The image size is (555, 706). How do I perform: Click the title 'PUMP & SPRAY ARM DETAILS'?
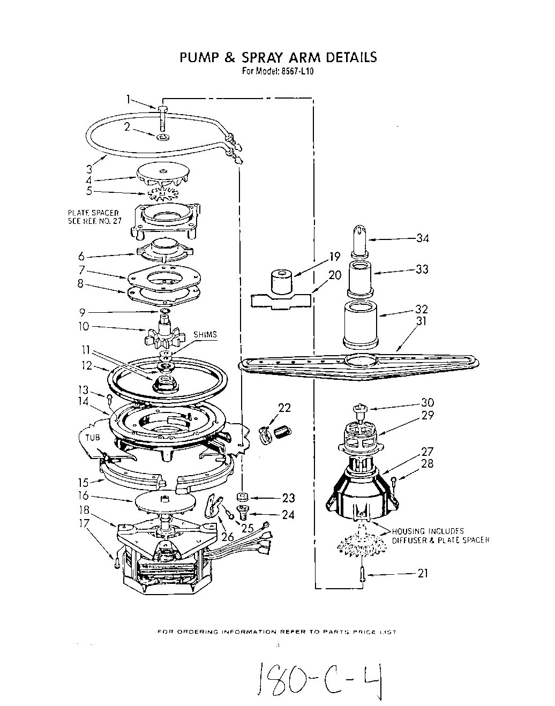coord(277,57)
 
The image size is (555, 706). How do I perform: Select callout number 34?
coord(423,238)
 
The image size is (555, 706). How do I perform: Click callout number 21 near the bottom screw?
coord(423,574)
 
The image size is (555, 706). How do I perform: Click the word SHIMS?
coord(206,335)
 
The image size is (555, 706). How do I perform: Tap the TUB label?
coord(93,437)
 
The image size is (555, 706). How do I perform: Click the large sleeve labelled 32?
coord(360,325)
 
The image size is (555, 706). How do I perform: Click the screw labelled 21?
coord(362,574)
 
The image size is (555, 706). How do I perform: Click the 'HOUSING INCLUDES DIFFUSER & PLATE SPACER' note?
coord(440,536)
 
